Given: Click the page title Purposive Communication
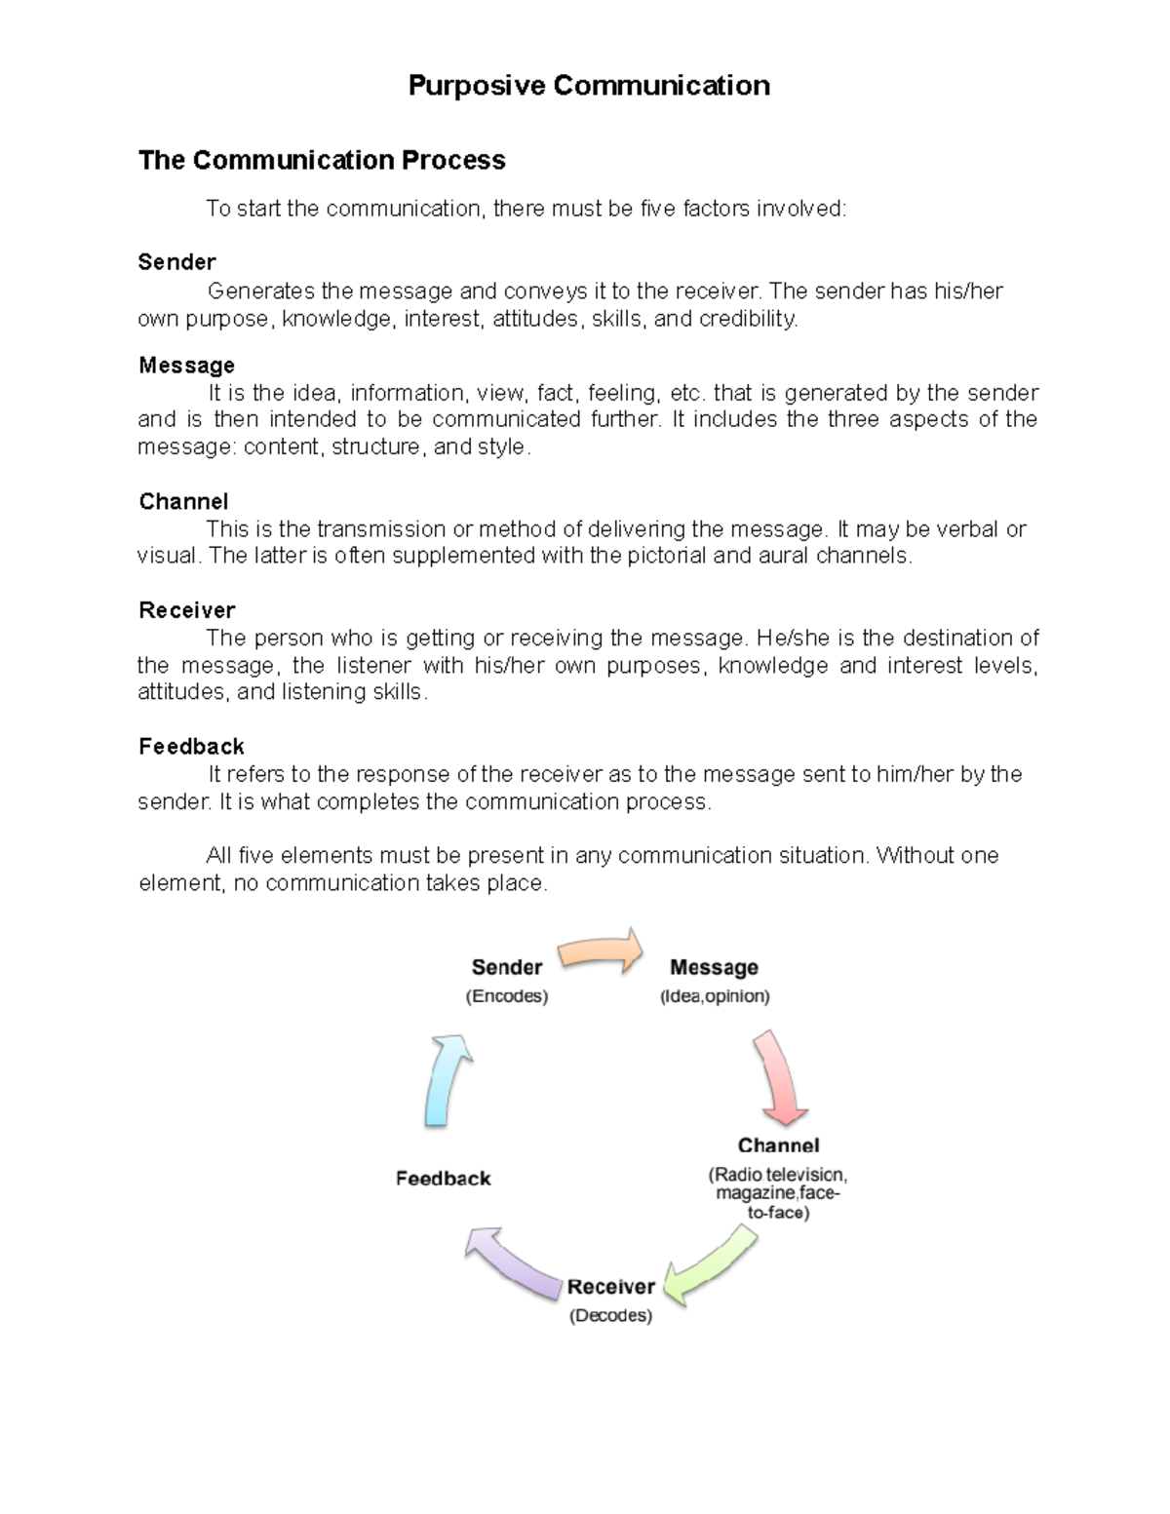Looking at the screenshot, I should coord(589,86).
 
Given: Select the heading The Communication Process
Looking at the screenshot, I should coord(322,160).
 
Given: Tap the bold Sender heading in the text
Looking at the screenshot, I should coord(176,261).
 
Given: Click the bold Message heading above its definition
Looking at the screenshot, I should coord(186,365).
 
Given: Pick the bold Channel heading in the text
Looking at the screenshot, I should coord(183,501).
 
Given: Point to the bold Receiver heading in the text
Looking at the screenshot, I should coord(186,610).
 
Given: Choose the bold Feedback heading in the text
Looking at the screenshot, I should coord(191,747).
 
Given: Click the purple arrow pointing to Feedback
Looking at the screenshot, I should coord(512,1262).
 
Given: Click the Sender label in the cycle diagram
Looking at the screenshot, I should coord(506,967).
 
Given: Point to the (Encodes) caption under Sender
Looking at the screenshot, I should coord(506,996).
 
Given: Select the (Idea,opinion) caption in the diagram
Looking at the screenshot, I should coord(715,996).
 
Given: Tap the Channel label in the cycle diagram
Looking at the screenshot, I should coord(778,1145).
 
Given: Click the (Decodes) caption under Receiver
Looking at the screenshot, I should coord(610,1315).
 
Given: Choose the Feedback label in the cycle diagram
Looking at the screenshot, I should coord(443,1179).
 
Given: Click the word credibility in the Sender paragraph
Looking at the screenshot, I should coord(747,319).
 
